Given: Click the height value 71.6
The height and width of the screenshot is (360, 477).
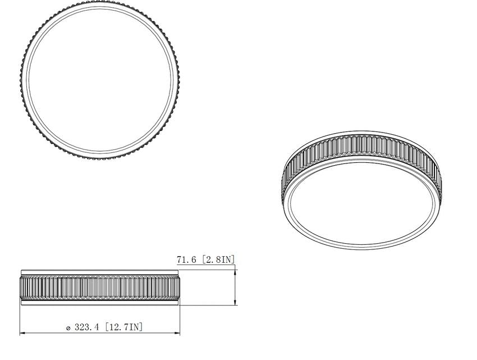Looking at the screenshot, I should [x=186, y=259].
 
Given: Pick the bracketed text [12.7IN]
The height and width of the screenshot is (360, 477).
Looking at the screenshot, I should [x=123, y=327].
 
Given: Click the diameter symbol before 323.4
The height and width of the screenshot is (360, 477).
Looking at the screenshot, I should [x=68, y=328].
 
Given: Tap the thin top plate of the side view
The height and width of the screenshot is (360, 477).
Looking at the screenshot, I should [x=100, y=272].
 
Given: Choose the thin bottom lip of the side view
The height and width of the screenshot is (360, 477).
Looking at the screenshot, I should [x=100, y=302].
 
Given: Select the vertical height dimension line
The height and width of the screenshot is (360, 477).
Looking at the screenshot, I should [x=235, y=287].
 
